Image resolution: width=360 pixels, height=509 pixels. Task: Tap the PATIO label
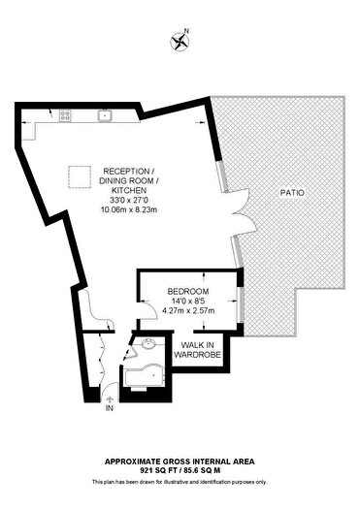[x=292, y=193]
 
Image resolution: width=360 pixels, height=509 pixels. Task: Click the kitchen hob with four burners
[x=65, y=115]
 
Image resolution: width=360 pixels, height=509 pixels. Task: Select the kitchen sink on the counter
[x=105, y=115]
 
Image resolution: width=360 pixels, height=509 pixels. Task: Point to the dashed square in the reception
[x=80, y=176]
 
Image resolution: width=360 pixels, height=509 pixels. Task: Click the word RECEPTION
[x=126, y=171]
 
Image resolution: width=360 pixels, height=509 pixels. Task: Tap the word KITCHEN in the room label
[x=129, y=190]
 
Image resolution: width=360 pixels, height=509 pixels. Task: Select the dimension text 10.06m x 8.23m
[x=129, y=209]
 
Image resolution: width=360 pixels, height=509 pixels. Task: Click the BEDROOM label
[x=188, y=291]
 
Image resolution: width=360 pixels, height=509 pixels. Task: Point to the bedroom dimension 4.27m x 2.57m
[x=188, y=310]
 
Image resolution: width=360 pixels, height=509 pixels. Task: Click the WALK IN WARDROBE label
[x=198, y=350]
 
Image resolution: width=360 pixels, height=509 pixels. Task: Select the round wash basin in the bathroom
[x=149, y=343]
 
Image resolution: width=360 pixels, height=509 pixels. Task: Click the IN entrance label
[x=110, y=408]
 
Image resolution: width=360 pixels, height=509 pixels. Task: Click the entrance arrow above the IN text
[x=110, y=399]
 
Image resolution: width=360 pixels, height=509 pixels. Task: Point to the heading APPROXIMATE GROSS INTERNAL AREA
[x=180, y=461]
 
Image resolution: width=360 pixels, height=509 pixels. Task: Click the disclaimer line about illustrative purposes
[x=180, y=482]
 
